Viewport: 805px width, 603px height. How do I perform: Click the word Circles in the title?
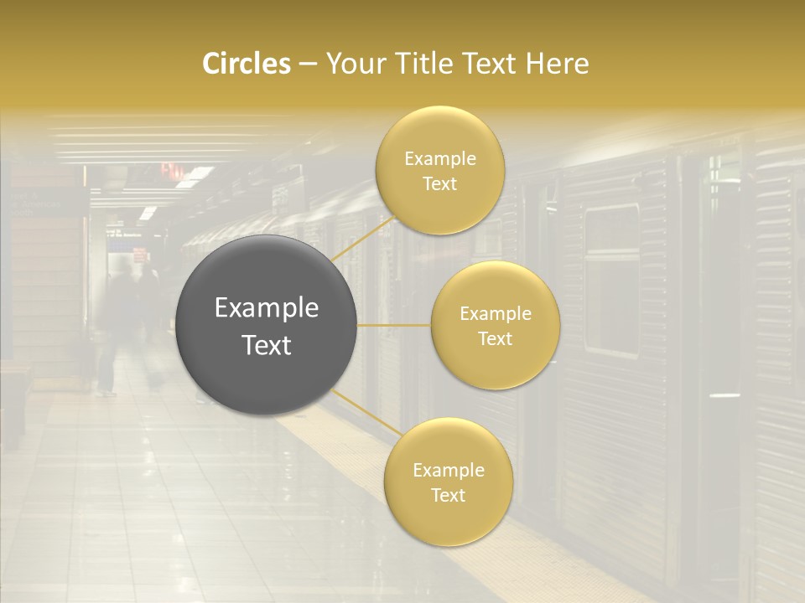pyautogui.click(x=246, y=64)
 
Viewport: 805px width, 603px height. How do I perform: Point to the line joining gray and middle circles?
pyautogui.click(x=394, y=325)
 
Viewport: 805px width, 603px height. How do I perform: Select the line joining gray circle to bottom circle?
pyautogui.click(x=365, y=413)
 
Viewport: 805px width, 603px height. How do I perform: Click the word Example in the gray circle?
pyautogui.click(x=267, y=308)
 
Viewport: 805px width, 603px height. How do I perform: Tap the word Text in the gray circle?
pyautogui.click(x=267, y=345)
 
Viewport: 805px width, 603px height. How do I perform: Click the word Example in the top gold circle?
pyautogui.click(x=439, y=159)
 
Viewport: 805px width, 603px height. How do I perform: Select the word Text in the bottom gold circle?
pyautogui.click(x=448, y=495)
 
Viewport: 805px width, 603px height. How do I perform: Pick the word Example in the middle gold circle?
pyautogui.click(x=495, y=314)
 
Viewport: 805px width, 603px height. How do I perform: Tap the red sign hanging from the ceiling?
pyautogui.click(x=172, y=170)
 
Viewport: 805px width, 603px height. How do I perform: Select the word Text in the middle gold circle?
pyautogui.click(x=495, y=339)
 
